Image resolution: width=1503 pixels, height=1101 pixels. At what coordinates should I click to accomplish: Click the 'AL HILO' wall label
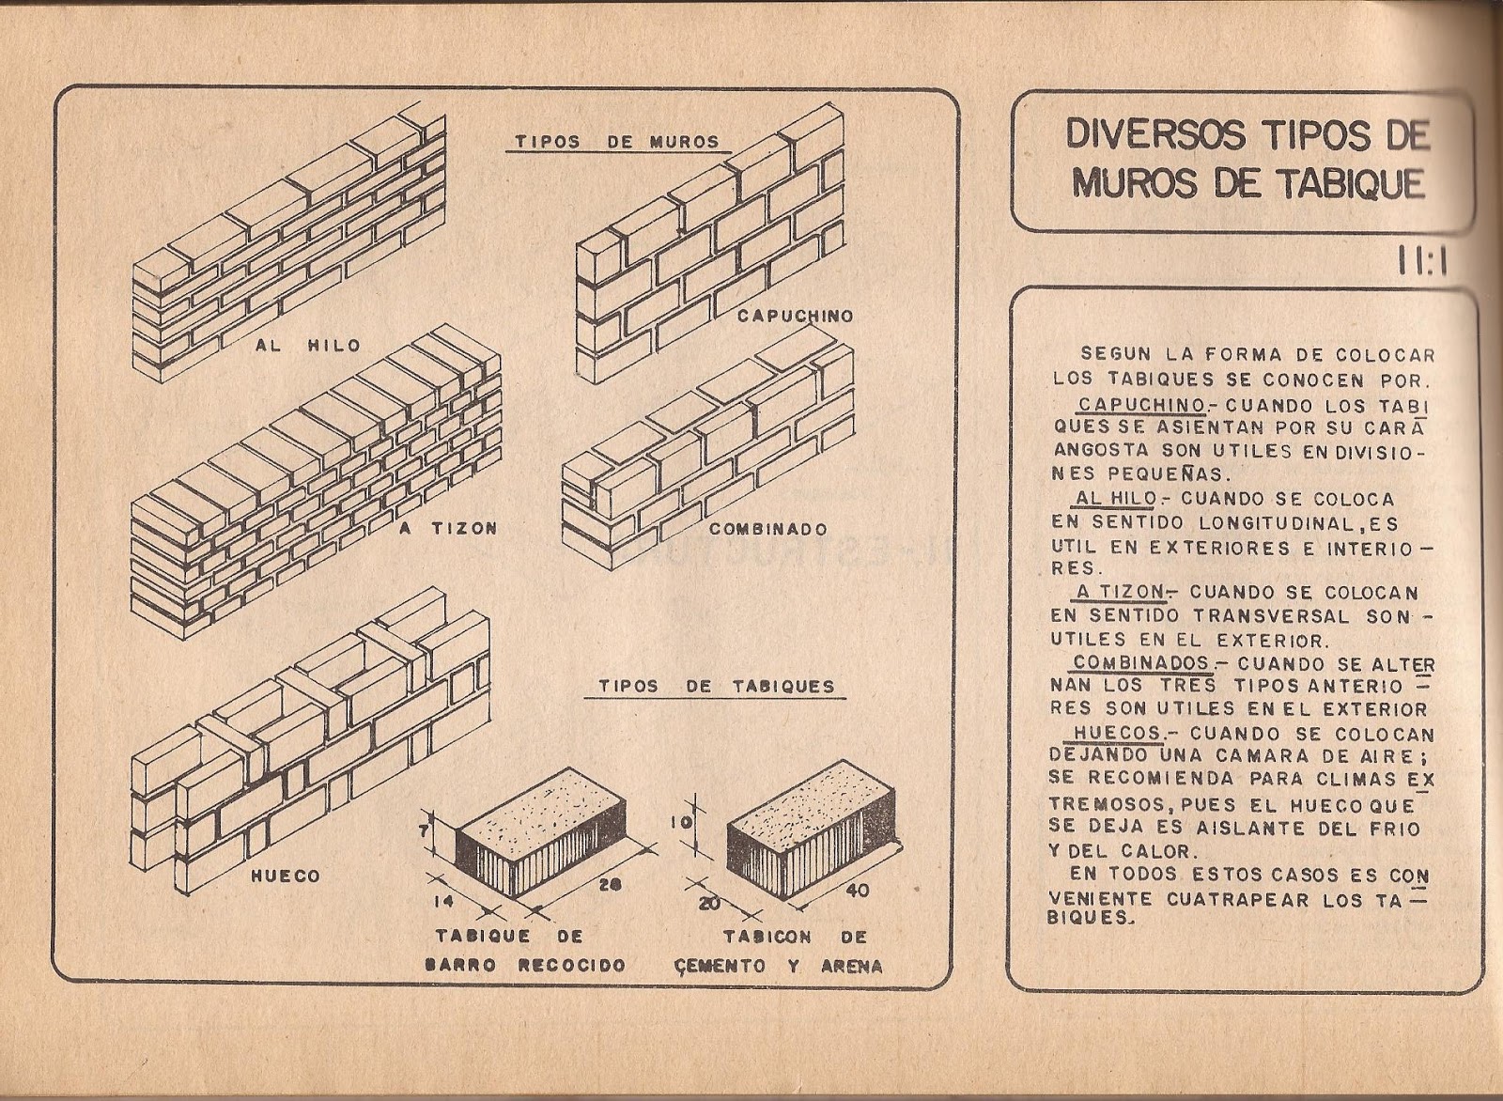307,346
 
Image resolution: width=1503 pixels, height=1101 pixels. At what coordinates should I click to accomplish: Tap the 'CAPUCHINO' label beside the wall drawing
795,317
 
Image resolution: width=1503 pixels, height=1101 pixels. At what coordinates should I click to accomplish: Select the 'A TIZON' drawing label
447,529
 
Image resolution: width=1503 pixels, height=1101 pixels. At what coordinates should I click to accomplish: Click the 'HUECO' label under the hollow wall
285,876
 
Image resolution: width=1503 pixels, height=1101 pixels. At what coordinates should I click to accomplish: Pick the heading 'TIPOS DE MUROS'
616,143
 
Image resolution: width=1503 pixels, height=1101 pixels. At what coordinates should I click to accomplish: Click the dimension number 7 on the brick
426,830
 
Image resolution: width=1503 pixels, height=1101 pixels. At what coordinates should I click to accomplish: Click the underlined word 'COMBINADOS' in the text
1140,662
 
